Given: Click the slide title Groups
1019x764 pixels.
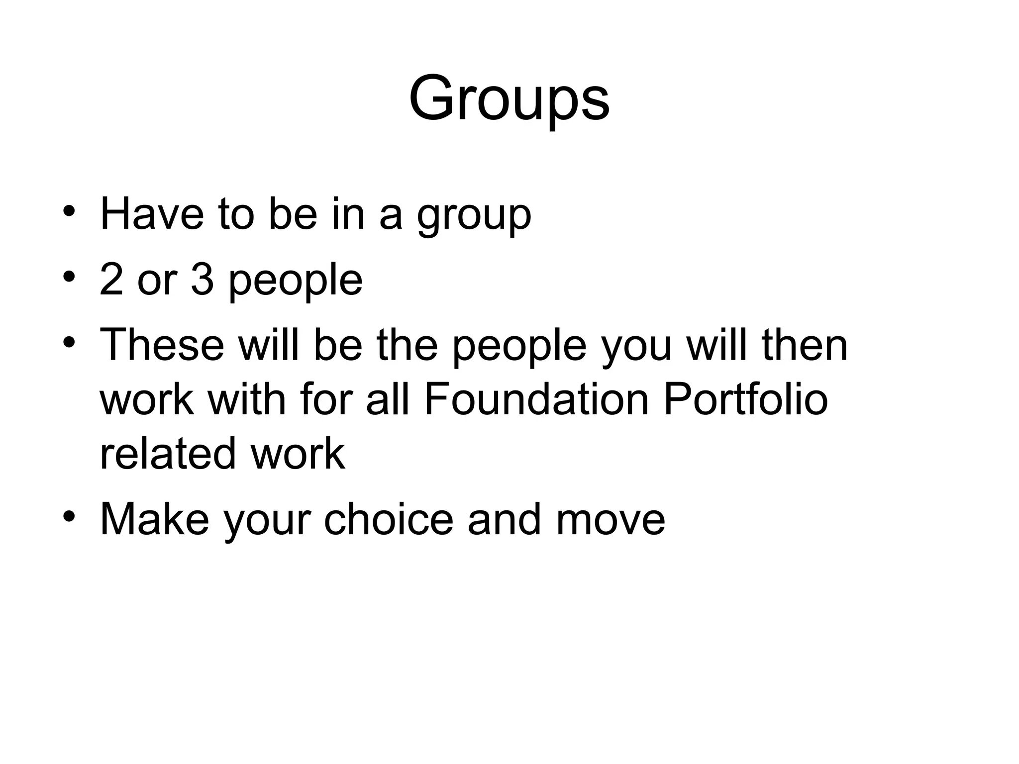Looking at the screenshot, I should [509, 98].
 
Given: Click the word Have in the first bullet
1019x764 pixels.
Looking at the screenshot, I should [152, 215].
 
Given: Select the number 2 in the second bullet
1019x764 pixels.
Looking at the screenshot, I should [111, 280].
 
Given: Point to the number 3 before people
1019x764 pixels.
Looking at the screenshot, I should [202, 280].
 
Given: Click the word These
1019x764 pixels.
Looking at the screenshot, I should [162, 345].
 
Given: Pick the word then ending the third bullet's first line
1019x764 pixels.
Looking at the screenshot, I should [805, 345].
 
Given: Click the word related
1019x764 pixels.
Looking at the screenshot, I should [168, 454].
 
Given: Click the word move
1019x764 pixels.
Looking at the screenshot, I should [610, 520].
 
